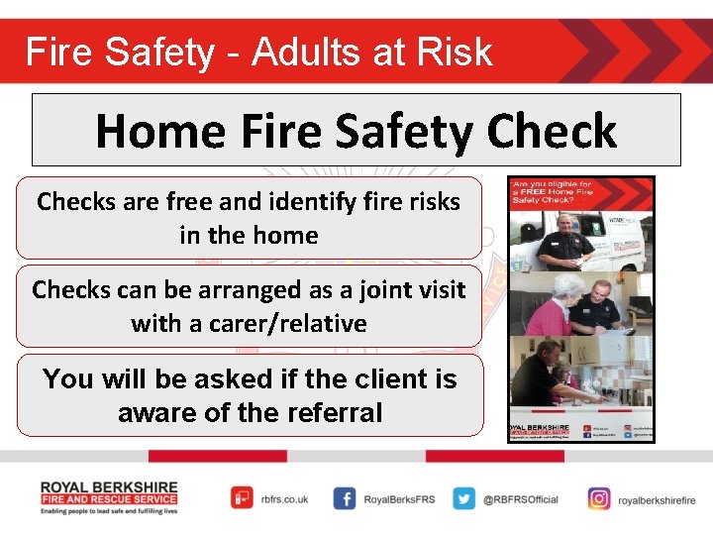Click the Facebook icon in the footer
(x=345, y=498)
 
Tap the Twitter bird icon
(x=463, y=498)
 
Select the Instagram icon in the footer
(x=598, y=498)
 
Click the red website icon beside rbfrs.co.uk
(x=242, y=498)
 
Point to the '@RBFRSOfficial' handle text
(x=521, y=499)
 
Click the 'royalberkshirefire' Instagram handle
(x=657, y=499)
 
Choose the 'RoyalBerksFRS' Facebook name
(x=399, y=499)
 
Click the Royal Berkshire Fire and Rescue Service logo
(x=109, y=497)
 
